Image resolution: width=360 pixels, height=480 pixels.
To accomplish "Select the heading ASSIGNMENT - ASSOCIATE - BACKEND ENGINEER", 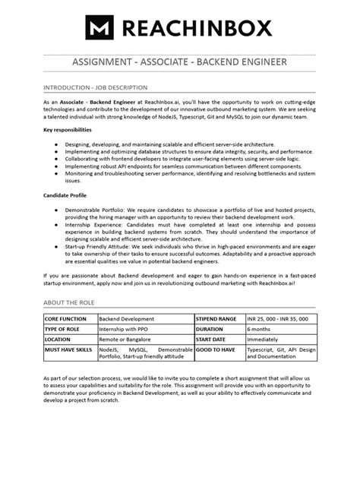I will tap(180, 61).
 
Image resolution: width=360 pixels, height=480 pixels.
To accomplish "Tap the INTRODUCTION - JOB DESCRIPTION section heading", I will tap(95, 87).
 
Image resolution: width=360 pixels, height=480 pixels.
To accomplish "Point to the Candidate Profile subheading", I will tap(68, 194).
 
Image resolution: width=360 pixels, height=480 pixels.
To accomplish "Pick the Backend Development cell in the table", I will tap(128, 319).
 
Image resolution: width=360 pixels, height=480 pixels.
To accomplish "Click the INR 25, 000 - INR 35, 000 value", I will tap(276, 319).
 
